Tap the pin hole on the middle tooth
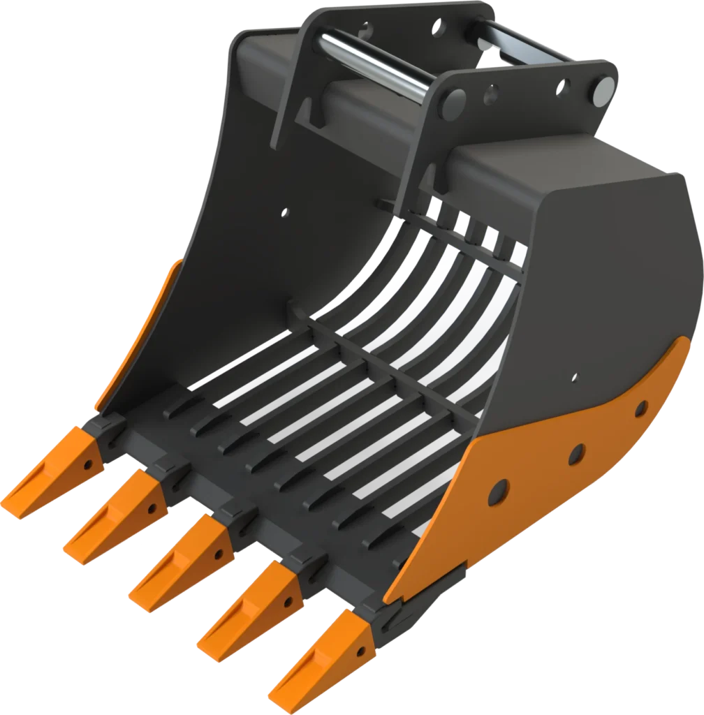point(219,556)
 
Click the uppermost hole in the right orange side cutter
point(640,408)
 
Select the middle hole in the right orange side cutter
point(576,455)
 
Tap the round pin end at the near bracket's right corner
point(605,88)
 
